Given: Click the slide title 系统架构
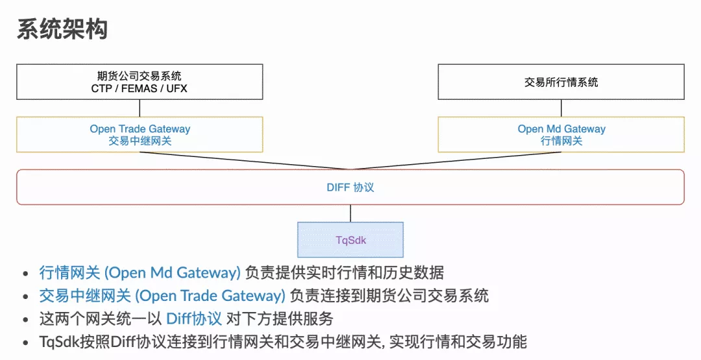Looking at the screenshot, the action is (x=62, y=29).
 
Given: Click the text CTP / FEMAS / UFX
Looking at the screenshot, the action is (x=140, y=88).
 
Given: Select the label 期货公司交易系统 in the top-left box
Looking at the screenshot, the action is (x=140, y=76).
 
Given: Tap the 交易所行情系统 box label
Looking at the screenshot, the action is (x=561, y=82).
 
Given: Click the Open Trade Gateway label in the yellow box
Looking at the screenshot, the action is (x=140, y=129).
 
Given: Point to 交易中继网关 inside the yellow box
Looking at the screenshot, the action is (x=140, y=141).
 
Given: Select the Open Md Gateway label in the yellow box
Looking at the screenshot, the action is (x=561, y=129).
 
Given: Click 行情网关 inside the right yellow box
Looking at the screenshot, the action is (x=561, y=141).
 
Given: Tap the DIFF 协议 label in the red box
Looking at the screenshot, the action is (x=350, y=187).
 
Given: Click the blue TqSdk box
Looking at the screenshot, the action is (x=350, y=240).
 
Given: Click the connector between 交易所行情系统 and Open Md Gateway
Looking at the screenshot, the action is (x=561, y=108).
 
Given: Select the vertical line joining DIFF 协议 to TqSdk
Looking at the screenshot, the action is (x=350, y=213).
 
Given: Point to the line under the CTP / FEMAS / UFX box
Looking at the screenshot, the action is (x=140, y=108).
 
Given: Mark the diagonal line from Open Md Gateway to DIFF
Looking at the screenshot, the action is (x=456, y=161).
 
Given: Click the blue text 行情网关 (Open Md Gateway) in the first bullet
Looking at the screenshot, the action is (x=140, y=272).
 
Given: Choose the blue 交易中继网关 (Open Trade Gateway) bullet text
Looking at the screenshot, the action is (x=162, y=296).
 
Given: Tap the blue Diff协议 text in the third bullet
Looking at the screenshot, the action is (x=194, y=319).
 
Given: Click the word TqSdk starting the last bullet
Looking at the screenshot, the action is (x=60, y=342).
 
